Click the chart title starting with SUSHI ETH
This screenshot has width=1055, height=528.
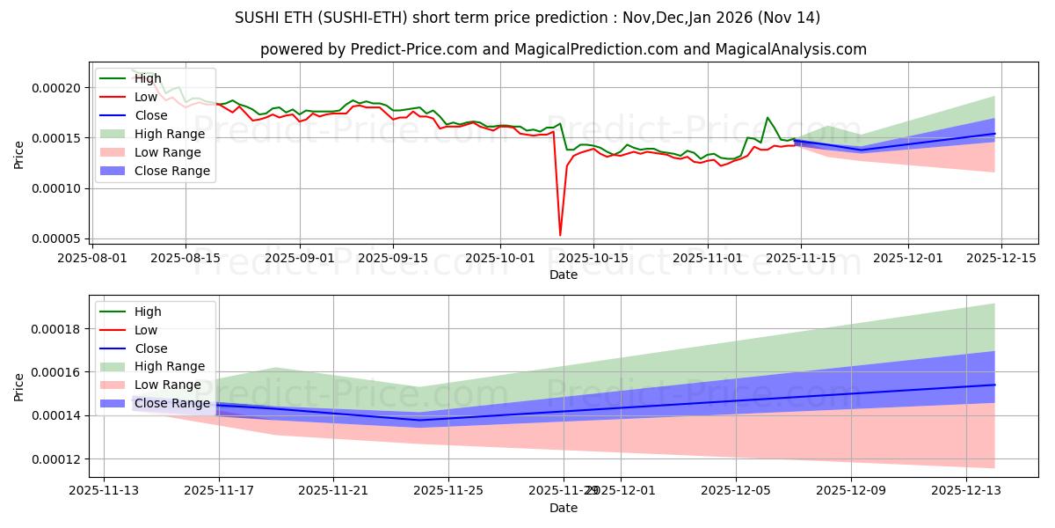[x=527, y=18]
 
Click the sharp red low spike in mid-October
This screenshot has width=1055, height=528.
[x=560, y=234]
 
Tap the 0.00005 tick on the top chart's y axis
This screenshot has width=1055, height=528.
[x=55, y=239]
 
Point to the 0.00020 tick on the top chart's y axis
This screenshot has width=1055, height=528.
[x=55, y=88]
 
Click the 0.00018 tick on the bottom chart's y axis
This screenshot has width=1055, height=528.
[x=55, y=329]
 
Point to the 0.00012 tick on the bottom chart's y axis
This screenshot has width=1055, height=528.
[x=55, y=459]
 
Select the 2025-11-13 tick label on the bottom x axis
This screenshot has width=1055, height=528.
[x=104, y=491]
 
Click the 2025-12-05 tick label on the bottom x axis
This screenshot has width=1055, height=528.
[x=736, y=491]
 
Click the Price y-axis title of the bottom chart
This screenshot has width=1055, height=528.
[x=19, y=387]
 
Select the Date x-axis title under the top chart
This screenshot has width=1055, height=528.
[x=563, y=275]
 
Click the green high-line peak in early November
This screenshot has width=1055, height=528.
[x=768, y=117]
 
